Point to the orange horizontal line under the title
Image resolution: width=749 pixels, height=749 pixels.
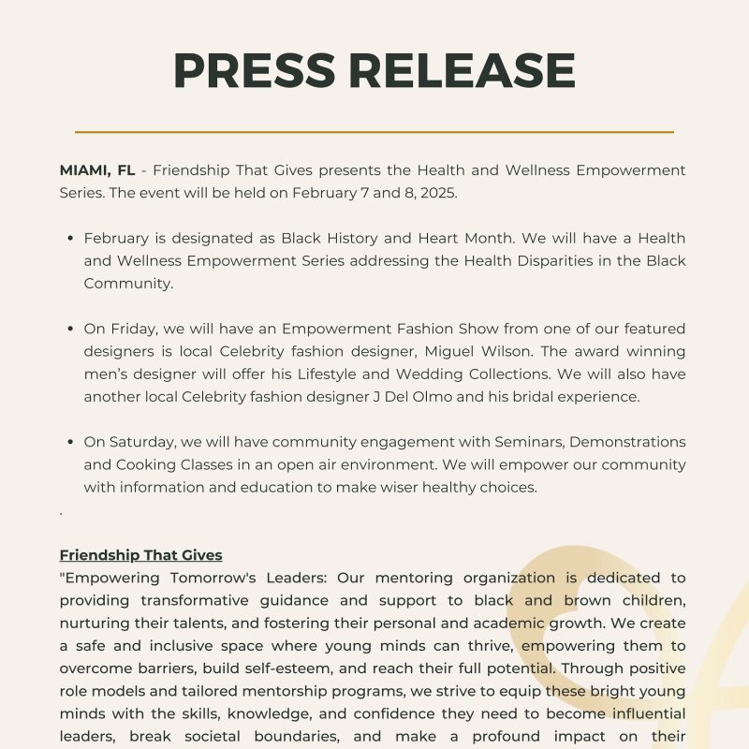pyautogui.click(x=374, y=132)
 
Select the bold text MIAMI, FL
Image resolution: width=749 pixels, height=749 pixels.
pyautogui.click(x=97, y=170)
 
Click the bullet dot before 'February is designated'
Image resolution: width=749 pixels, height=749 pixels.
pyautogui.click(x=70, y=239)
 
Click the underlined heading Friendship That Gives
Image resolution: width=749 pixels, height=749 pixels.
pyautogui.click(x=140, y=555)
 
